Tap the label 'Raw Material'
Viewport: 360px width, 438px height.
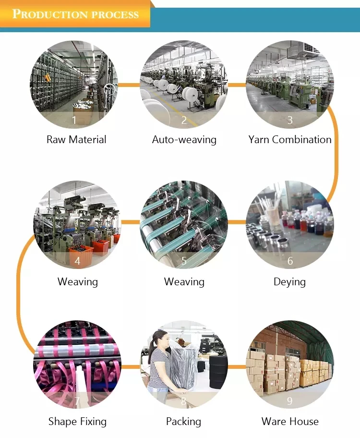tap(76, 140)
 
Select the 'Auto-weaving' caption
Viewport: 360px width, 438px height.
tap(184, 140)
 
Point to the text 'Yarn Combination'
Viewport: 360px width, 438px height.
tap(290, 140)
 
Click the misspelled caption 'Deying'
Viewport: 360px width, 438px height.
tap(289, 281)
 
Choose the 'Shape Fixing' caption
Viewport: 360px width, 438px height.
tap(77, 422)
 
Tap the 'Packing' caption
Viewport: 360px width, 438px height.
tap(183, 422)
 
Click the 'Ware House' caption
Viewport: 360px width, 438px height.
tap(290, 422)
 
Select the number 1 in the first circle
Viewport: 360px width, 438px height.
tap(74, 120)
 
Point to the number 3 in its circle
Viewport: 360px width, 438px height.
tap(290, 120)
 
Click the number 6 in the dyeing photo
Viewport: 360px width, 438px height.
tap(290, 261)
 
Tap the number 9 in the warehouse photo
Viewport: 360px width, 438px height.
tap(290, 401)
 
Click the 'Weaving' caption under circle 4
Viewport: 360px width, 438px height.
tap(77, 281)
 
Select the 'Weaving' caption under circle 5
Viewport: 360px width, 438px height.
tap(184, 281)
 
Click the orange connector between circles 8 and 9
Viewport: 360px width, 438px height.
tap(237, 367)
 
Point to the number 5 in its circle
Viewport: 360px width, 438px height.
tap(184, 261)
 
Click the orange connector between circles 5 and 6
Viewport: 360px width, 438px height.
tap(237, 222)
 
